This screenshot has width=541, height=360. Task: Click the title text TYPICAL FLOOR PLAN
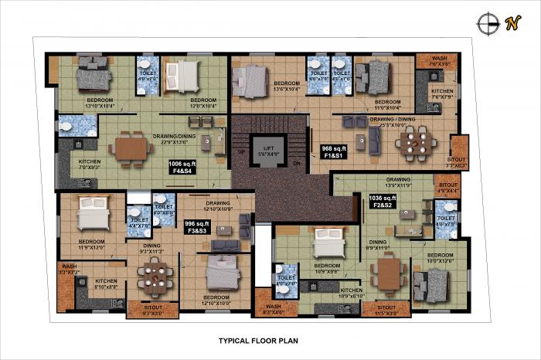click(258, 339)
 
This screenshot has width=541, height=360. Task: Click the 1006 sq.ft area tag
click(183, 168)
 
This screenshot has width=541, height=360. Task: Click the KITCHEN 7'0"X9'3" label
click(90, 165)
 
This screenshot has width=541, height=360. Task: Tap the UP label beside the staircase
click(242, 152)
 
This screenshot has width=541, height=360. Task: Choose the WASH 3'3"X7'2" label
click(68, 270)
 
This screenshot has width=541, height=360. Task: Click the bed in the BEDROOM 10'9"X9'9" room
click(328, 248)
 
